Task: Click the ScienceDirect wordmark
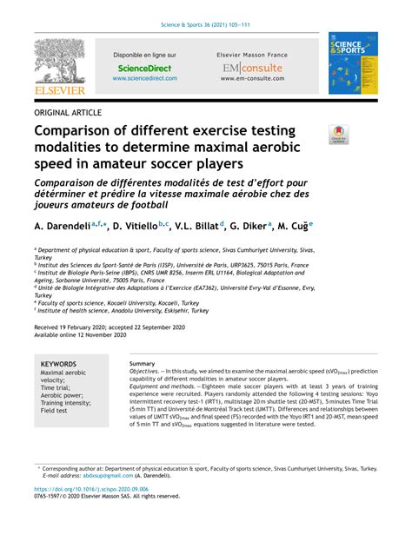point(144,67)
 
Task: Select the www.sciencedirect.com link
point(144,78)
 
